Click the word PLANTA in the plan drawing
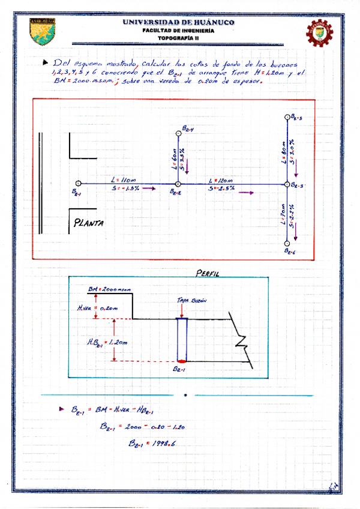(x=89, y=223)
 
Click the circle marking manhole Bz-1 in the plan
(x=78, y=184)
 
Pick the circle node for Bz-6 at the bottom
(x=287, y=242)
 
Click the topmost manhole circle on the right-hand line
(x=287, y=117)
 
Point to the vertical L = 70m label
(x=282, y=214)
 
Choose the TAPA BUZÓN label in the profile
(x=188, y=300)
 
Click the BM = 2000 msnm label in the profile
(x=106, y=289)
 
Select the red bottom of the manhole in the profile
(x=182, y=361)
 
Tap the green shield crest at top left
(x=43, y=31)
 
